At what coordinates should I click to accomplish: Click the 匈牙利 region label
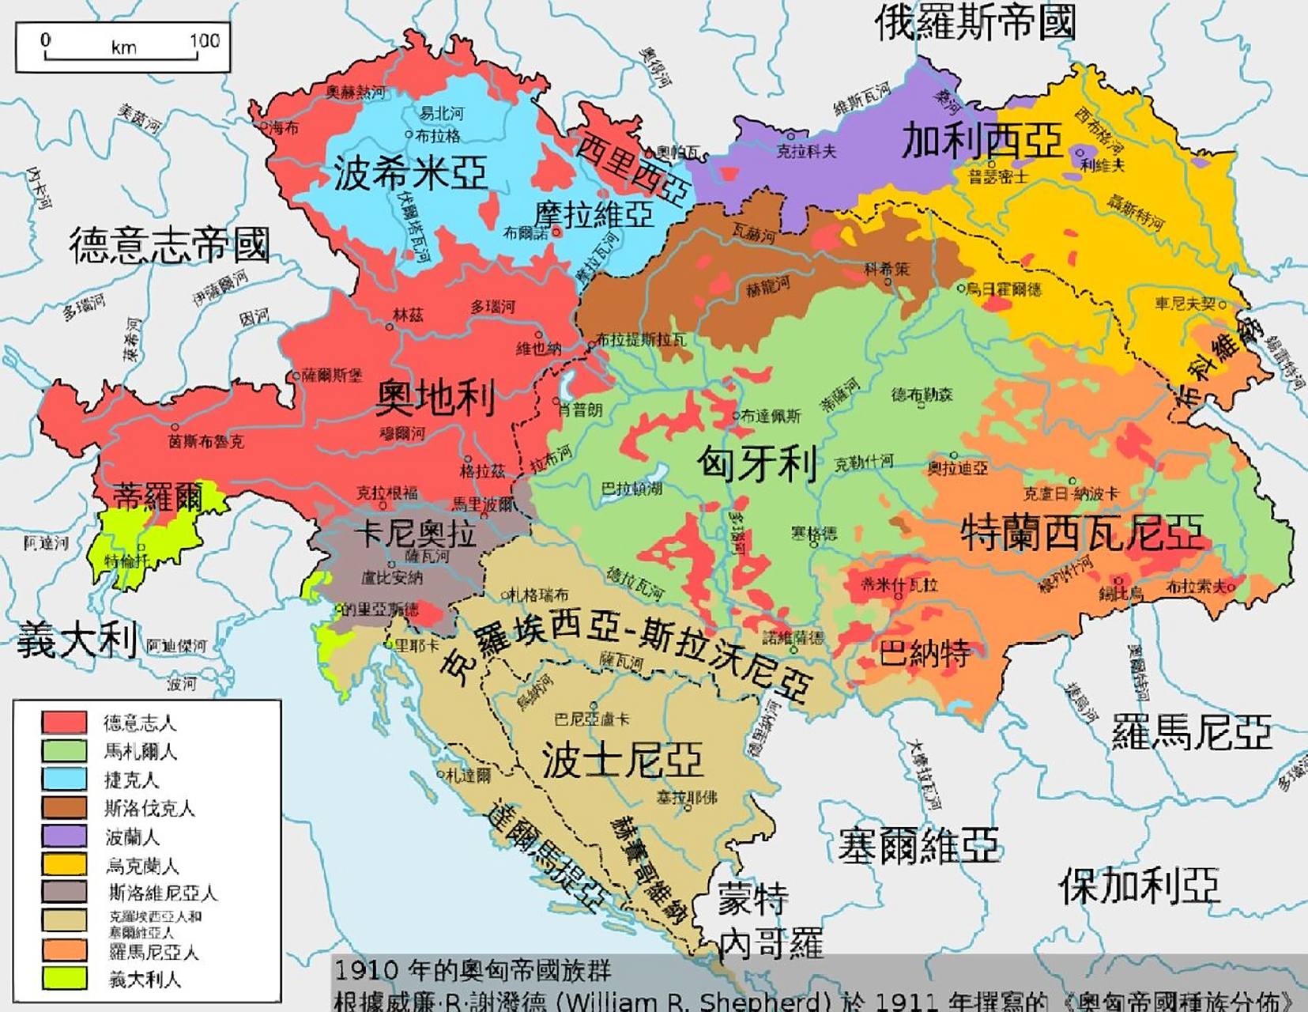pos(756,463)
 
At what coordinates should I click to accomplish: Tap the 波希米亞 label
pos(409,173)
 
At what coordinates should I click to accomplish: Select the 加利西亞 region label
pos(982,142)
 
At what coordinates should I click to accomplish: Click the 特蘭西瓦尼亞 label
pos(1082,531)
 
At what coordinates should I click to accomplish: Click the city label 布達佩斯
pos(770,416)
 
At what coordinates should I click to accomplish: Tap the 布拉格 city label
pos(437,136)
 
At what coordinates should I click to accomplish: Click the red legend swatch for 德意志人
pos(64,722)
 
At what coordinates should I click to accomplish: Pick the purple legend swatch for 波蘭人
pos(64,836)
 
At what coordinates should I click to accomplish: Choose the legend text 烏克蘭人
pos(142,865)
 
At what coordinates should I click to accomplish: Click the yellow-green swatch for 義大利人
pos(64,978)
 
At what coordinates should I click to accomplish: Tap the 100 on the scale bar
pos(204,40)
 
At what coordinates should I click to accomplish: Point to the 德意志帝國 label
pos(169,244)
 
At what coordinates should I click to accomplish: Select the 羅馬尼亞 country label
pos(1191,732)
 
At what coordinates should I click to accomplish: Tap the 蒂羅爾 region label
pos(158,497)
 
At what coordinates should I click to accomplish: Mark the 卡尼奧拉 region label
pos(414,534)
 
